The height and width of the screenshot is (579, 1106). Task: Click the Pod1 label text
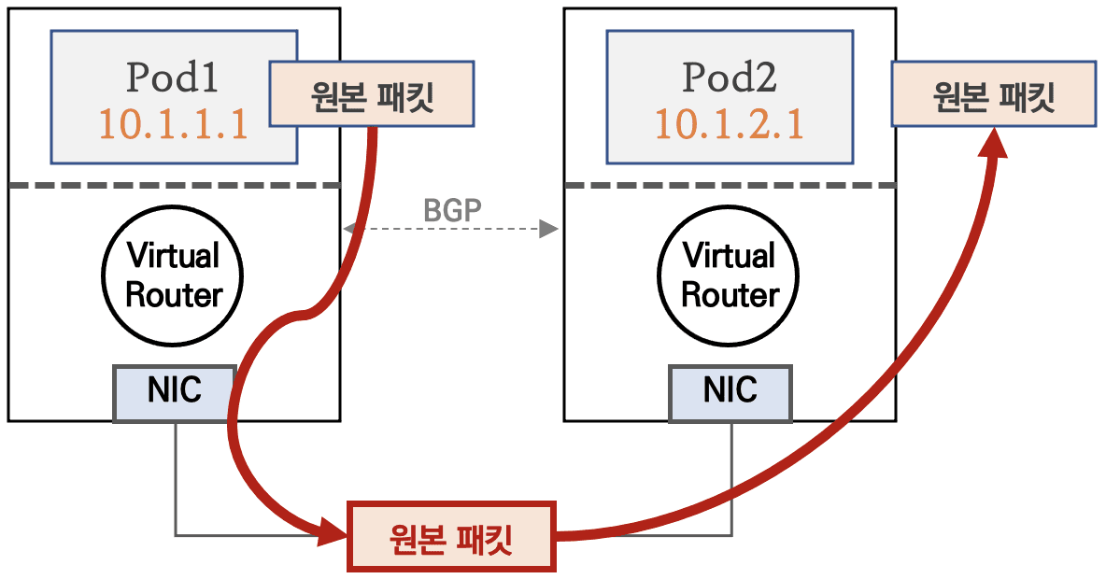point(173,78)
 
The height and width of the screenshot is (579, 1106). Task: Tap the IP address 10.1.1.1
point(173,123)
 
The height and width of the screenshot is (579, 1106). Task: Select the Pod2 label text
point(729,78)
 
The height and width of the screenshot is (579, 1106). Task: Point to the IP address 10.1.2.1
point(729,123)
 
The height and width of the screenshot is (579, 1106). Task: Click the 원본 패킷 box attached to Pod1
point(371,94)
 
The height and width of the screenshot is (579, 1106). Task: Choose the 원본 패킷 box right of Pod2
point(994,94)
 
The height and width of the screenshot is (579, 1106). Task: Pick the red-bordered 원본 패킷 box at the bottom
point(451,537)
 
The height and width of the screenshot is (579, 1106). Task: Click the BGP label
point(453,210)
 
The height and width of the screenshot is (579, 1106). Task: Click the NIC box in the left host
point(174,391)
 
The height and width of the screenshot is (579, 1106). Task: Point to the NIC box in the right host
point(730,391)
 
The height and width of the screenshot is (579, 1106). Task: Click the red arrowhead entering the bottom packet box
point(333,535)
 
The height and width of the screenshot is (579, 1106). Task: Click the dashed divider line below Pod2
point(730,185)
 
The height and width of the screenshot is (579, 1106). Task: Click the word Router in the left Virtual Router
point(173,295)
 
